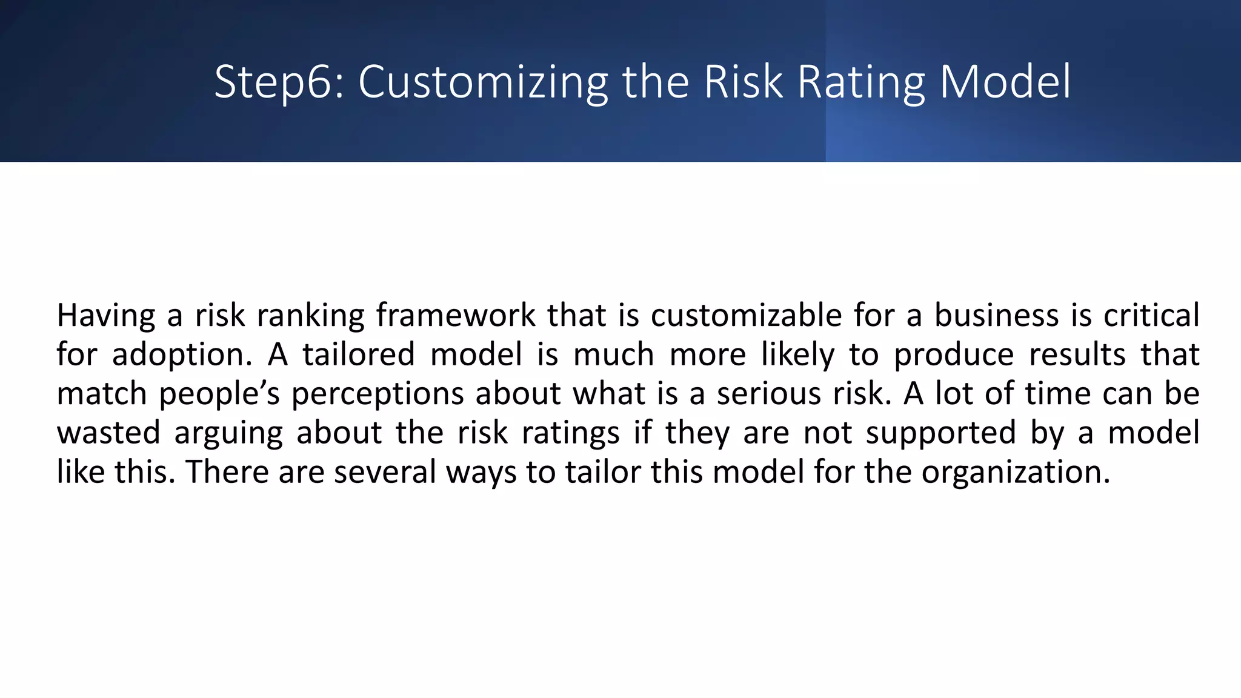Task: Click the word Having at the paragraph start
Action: (x=106, y=316)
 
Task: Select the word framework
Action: (x=456, y=316)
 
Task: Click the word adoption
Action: (x=182, y=355)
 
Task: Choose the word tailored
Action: (x=359, y=355)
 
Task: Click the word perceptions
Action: (x=378, y=394)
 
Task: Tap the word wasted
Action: (x=108, y=433)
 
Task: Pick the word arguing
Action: (x=228, y=433)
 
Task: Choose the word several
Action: (x=385, y=472)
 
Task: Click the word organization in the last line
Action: (x=1016, y=472)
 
